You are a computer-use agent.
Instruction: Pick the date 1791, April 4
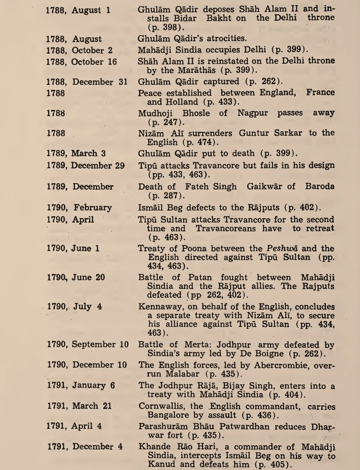(x=81, y=426)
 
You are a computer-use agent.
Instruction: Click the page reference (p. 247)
(x=164, y=123)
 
